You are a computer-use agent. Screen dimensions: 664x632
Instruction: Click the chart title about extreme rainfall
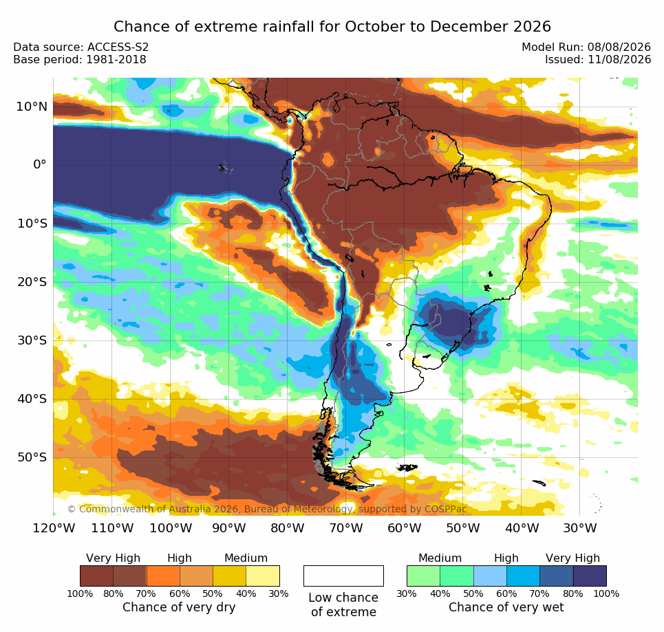(332, 27)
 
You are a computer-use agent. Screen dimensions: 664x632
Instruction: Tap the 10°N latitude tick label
(32, 107)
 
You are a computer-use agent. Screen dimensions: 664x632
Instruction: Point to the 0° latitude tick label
(40, 164)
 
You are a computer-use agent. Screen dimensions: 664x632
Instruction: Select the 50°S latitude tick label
(32, 457)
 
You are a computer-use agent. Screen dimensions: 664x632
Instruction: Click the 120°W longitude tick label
(54, 528)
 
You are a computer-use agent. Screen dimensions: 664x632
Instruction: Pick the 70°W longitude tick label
(346, 528)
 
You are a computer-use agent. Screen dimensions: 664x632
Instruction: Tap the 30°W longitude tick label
(580, 528)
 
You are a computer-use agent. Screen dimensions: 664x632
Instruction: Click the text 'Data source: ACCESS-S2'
(81, 47)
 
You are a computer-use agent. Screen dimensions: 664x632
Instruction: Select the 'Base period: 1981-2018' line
(80, 59)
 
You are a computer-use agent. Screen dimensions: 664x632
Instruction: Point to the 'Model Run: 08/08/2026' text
(586, 47)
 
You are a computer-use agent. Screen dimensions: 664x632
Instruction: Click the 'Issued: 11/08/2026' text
(598, 59)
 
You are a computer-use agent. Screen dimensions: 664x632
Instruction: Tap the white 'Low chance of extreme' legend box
(343, 576)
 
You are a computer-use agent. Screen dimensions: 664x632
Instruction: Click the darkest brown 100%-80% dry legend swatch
(96, 576)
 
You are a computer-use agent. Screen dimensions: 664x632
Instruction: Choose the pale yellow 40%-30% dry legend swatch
(263, 576)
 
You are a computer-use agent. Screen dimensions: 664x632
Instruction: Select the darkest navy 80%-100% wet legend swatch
(590, 576)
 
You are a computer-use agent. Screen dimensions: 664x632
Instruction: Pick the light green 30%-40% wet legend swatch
(423, 576)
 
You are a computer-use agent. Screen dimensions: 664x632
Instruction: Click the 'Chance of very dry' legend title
(179, 607)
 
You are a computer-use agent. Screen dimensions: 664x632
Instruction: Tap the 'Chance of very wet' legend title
(506, 607)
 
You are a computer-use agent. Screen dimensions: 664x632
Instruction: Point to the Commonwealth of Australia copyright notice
(267, 509)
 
